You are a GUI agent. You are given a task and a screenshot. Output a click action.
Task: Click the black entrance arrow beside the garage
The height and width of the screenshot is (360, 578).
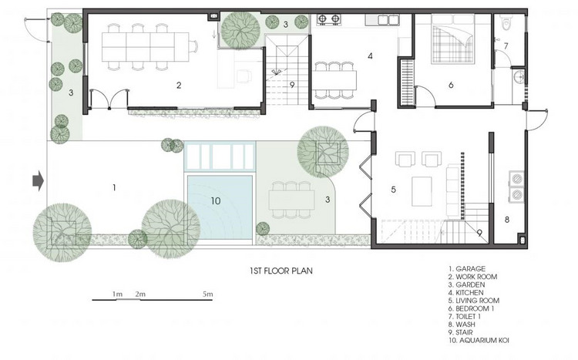coord(39,180)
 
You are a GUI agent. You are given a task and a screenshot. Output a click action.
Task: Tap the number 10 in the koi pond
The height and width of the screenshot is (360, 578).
coord(216,201)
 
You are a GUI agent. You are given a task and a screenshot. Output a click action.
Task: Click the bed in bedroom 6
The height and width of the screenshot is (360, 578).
coord(452,39)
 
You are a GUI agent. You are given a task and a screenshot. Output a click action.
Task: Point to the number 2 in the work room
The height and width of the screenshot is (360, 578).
coord(179,86)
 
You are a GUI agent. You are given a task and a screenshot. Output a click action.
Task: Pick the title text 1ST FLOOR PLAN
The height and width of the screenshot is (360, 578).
coord(281,271)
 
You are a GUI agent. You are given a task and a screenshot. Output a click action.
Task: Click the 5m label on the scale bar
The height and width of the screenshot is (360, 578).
coord(207,294)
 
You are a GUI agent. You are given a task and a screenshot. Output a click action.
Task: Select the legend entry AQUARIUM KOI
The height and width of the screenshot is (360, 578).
coord(479,340)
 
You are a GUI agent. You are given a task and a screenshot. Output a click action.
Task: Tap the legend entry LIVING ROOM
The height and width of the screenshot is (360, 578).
coord(474,301)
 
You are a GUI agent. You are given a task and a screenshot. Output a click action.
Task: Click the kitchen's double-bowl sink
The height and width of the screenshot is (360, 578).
coord(382,19)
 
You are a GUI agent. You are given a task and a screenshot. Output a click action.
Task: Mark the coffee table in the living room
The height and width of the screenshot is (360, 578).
coord(422,191)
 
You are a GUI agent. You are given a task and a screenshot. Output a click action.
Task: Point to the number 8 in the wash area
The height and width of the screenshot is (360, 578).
coord(507,220)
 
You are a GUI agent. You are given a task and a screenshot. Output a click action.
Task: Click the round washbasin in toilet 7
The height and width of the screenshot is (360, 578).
coord(519,77)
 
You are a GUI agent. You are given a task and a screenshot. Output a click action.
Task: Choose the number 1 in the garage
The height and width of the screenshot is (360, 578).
coord(114,188)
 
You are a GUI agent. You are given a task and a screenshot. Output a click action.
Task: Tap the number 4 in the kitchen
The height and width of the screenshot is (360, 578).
coord(370,56)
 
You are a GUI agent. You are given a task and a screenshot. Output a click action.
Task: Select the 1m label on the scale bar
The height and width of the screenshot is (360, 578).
coord(118,294)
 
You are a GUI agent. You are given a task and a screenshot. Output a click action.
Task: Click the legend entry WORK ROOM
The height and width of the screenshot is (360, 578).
coord(472,277)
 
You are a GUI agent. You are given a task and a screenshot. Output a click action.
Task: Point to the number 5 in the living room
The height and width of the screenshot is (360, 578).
coord(393,190)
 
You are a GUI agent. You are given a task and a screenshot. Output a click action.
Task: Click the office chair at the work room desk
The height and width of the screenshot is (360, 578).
coord(244,76)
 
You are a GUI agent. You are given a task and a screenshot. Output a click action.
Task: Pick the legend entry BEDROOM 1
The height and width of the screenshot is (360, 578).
coord(471,308)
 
